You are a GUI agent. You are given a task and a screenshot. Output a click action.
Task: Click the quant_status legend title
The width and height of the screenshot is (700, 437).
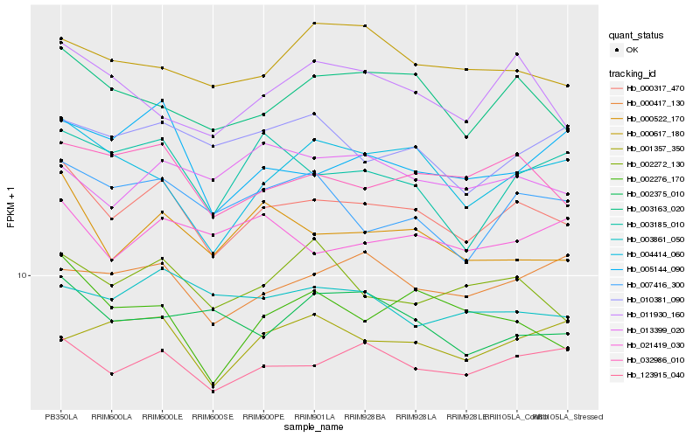[x=637, y=36]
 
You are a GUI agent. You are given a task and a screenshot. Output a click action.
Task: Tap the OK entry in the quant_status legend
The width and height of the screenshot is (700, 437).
[x=630, y=51]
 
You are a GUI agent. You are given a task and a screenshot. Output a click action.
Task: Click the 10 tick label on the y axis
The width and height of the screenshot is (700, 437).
[x=24, y=276]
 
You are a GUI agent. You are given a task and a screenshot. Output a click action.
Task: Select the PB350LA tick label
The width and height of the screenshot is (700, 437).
[x=61, y=417]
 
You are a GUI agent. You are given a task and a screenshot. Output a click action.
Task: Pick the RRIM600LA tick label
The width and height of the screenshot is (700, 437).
[x=111, y=417]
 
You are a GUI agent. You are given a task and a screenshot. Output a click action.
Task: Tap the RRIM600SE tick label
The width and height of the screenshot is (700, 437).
[x=213, y=417]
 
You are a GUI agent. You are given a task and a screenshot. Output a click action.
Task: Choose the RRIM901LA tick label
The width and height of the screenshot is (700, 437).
[x=313, y=417]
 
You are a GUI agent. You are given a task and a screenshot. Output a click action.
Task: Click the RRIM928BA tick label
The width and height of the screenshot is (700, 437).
[x=364, y=417]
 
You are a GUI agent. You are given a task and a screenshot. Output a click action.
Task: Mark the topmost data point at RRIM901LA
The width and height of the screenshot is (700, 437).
[x=313, y=23]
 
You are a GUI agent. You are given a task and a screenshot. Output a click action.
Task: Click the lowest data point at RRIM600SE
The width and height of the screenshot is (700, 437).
[x=213, y=391]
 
